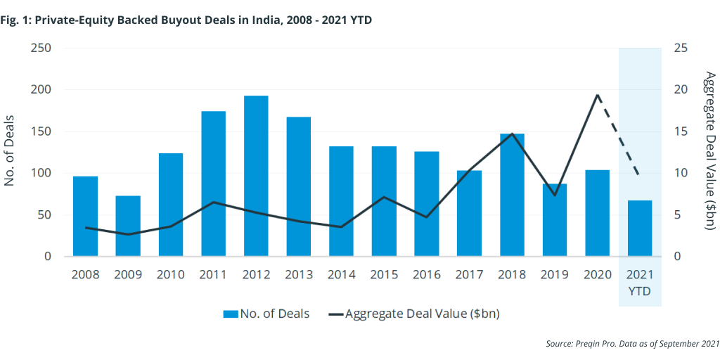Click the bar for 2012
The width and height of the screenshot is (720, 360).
point(256,176)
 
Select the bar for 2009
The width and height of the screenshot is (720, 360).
point(128,226)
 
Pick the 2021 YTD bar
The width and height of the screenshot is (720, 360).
point(640,229)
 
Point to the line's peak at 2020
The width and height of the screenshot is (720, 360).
point(597,95)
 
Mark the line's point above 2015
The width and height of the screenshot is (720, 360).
point(384,197)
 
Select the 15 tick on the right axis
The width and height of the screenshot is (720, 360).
point(681,131)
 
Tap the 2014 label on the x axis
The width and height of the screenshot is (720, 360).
point(341,274)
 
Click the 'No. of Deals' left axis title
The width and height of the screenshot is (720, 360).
point(10,152)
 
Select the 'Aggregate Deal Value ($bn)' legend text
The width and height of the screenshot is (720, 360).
point(422,314)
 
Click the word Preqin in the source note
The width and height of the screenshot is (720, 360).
point(590,343)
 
